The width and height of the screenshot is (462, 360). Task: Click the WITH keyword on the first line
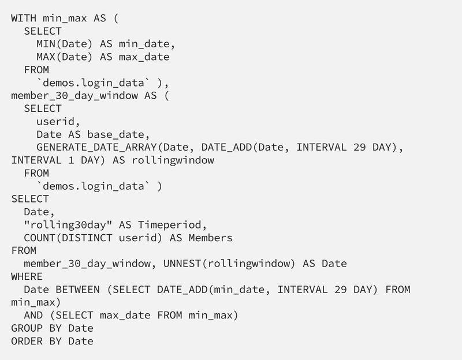tap(24, 17)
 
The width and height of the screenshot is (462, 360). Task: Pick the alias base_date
tap(115, 134)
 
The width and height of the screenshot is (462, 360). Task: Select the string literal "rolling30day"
tap(61, 224)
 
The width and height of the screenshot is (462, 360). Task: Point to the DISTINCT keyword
tap(87, 238)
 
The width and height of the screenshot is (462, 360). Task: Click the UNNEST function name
tap(181, 264)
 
